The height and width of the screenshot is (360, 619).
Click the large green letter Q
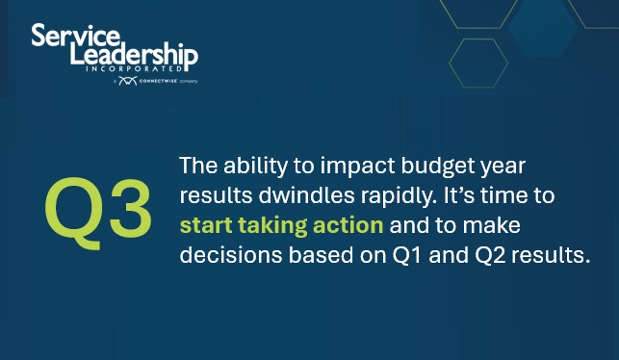[77, 209]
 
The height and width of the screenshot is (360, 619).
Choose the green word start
[205, 227]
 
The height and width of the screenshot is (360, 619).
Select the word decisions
[222, 258]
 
